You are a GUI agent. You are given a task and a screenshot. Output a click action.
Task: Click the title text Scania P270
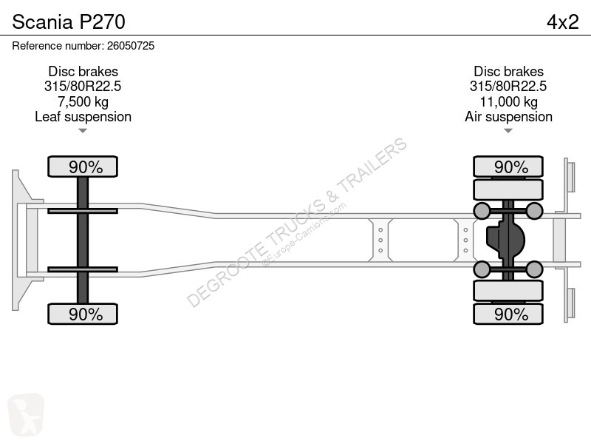69,22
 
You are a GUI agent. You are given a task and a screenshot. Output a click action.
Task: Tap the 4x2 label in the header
562,22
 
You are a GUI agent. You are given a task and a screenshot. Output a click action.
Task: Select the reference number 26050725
131,46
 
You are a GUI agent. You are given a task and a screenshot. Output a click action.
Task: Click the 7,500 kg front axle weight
83,101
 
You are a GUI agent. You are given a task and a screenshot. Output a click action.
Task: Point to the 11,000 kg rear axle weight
508,101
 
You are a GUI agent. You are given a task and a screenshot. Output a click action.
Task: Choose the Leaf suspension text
83,117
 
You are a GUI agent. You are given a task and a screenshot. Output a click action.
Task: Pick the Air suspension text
508,117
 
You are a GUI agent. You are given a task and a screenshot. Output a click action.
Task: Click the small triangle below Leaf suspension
83,131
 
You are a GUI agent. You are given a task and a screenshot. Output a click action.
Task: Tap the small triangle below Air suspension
508,131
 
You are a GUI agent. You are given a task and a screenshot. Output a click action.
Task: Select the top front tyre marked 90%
83,166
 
